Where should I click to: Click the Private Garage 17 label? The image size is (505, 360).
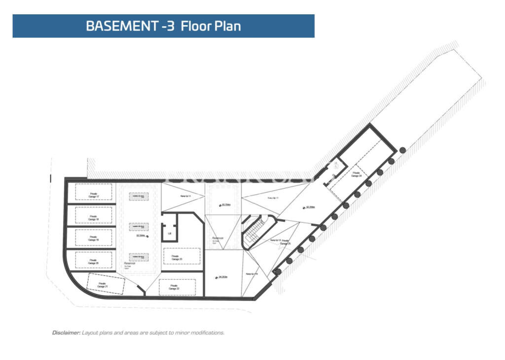pos(94,195)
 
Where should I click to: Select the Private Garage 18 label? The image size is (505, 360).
pos(94,217)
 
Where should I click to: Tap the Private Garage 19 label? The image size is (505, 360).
pos(94,238)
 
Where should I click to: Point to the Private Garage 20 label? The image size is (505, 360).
pos(94,261)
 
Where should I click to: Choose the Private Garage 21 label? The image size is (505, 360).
pos(103,285)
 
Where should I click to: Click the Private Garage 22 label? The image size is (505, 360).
pos(174,287)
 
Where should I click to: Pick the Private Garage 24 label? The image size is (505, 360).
pos(357,174)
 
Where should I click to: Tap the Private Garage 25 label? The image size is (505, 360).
pos(286,242)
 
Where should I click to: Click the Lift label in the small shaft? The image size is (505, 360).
pos(169,233)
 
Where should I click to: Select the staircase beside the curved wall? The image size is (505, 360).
pos(253,232)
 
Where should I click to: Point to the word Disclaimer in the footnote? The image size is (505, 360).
pos(66,333)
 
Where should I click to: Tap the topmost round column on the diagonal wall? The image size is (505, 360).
pos(402,150)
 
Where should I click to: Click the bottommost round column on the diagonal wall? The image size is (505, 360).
pos(278,272)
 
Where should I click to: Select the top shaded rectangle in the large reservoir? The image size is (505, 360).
pos(139,196)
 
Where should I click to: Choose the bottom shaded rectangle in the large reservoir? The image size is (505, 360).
pos(139,257)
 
